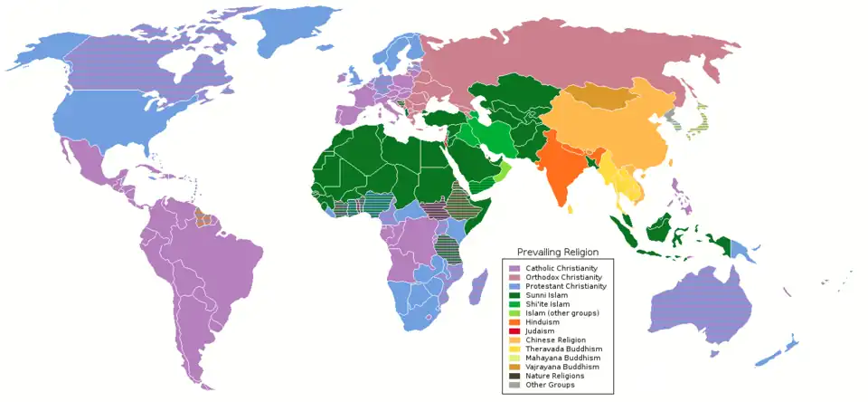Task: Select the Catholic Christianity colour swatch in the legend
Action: pyautogui.click(x=514, y=269)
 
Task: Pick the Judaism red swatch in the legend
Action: pyautogui.click(x=514, y=330)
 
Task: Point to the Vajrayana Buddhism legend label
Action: pyautogui.click(x=562, y=366)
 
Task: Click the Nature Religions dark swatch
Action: pyautogui.click(x=514, y=375)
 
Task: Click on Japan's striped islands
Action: pyautogui.click(x=701, y=122)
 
